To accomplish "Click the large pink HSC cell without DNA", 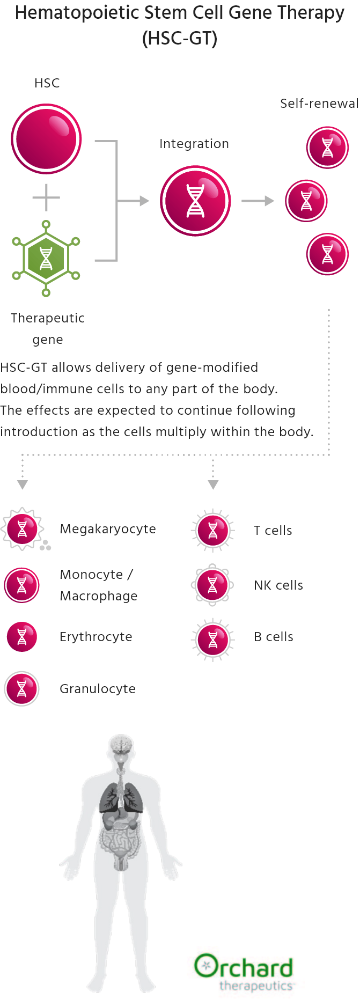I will click(47, 139).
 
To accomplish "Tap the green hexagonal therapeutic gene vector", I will click(46, 259).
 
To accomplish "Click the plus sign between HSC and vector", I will click(46, 198).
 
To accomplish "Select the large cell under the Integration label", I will click(195, 201).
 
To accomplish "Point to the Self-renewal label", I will click(319, 104).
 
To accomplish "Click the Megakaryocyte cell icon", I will click(22, 530).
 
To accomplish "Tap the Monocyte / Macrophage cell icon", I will click(22, 585).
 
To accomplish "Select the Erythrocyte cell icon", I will click(22, 637).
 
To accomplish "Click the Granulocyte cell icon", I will click(22, 688).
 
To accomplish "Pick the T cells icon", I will click(213, 530).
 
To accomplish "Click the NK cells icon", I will click(213, 585).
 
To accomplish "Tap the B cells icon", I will click(213, 640).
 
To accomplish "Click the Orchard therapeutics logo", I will click(245, 972).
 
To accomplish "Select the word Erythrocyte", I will click(96, 637).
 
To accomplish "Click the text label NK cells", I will click(278, 585).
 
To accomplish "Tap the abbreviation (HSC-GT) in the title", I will click(180, 39).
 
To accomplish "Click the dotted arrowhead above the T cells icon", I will click(213, 485).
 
